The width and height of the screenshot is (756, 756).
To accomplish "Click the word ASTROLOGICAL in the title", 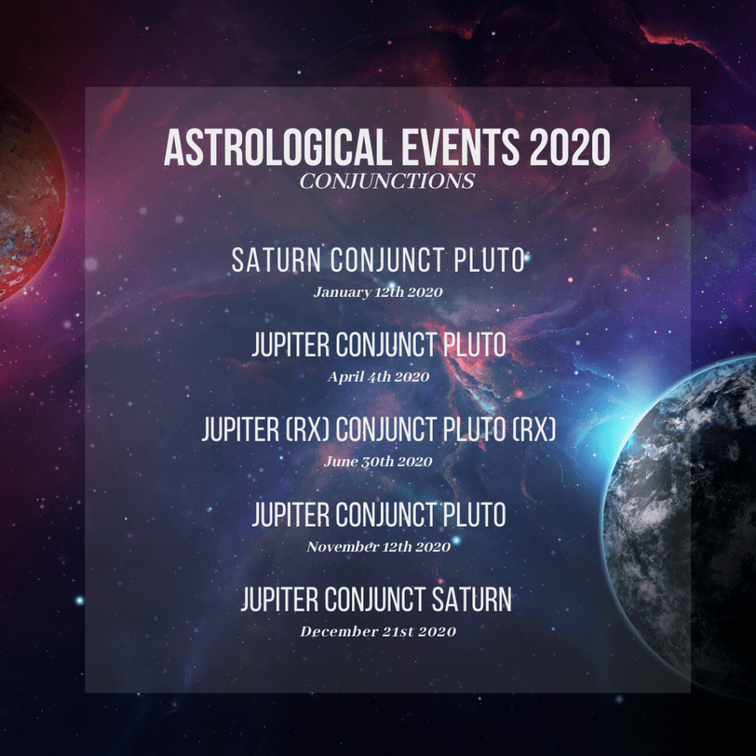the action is (x=278, y=147).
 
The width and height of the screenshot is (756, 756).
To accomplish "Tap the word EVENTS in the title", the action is (x=460, y=147).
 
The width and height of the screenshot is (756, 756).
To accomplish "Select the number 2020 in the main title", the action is (x=570, y=147).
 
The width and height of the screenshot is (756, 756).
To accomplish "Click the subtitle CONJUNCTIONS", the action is (x=387, y=182).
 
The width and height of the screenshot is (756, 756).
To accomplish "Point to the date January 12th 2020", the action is (x=378, y=292).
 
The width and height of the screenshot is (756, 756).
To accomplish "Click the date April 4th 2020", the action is (x=378, y=377).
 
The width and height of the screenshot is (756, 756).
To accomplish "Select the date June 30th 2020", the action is (x=378, y=461).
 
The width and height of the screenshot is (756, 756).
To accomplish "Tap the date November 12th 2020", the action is (x=379, y=546).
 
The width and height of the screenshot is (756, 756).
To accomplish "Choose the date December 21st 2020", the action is (x=378, y=631).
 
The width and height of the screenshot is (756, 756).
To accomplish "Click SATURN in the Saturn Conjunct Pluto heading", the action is (x=276, y=260).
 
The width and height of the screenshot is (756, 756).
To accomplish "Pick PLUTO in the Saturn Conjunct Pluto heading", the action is (x=489, y=260).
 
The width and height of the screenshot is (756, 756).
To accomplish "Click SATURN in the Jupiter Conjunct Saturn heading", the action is (x=471, y=599).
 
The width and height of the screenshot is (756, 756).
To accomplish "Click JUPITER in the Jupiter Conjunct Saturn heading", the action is (x=280, y=599).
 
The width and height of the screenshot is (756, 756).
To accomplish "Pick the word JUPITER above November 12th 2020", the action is (x=290, y=515).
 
